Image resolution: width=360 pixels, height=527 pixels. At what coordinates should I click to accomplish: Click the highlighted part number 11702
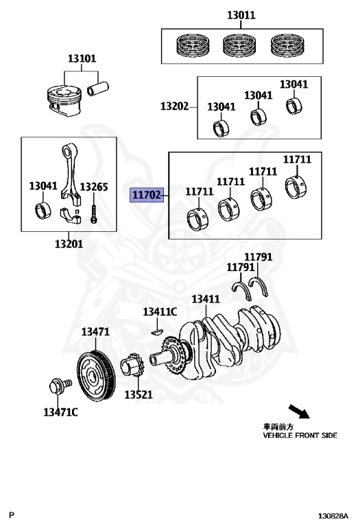147,195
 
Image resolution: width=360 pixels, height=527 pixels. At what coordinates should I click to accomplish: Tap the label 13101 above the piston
82,59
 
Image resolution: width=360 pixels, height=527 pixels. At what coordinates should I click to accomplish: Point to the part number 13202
175,106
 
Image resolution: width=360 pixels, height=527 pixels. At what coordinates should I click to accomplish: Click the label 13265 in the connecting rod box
93,186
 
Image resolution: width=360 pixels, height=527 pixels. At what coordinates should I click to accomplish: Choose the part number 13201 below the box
69,244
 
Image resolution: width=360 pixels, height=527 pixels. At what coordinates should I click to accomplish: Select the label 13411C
160,312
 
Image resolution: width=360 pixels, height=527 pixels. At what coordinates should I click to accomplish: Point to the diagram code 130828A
333,515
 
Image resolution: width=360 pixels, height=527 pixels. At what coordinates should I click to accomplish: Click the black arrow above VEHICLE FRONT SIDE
298,412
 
